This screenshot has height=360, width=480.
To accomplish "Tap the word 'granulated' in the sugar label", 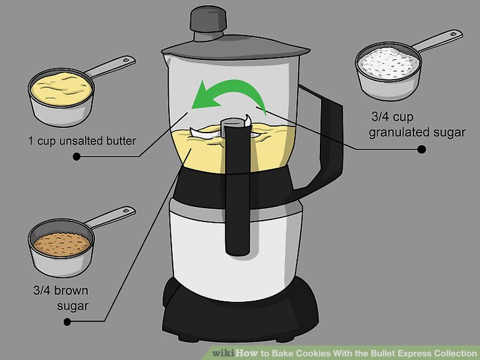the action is click(395, 133).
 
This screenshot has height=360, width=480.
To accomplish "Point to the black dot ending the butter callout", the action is click(76, 156).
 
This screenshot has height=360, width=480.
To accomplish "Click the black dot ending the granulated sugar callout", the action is click(421, 150).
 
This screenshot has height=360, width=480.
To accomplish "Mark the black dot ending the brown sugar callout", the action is click(67, 322).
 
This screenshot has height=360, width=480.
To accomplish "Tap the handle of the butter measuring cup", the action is click(110, 66).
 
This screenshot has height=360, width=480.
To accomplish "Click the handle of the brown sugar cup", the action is click(110, 216).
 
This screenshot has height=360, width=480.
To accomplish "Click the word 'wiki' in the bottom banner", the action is click(223, 353).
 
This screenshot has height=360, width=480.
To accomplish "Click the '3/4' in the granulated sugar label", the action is click(380, 116).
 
